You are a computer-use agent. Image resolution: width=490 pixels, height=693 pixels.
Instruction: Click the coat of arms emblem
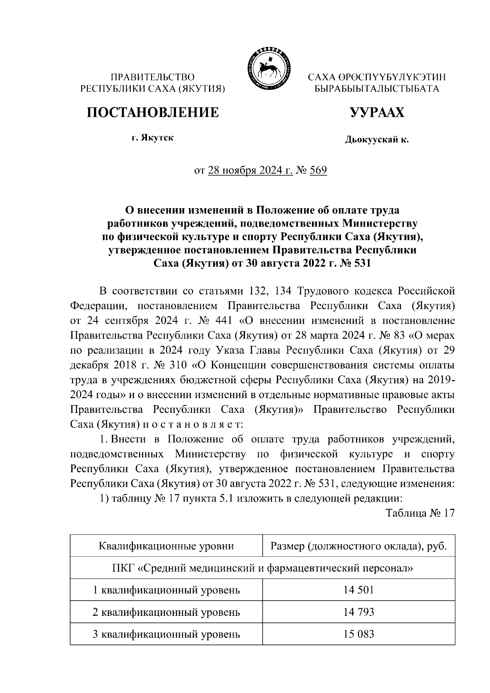pos(266,68)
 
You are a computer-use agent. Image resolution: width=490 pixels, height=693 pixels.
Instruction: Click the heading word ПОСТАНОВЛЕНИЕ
pos(152,112)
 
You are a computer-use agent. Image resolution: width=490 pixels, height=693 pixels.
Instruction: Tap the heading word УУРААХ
pos(377,112)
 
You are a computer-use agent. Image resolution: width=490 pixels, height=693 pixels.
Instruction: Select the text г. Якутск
pos(152,138)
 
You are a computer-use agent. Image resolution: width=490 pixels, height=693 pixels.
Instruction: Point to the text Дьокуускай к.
pos(377,140)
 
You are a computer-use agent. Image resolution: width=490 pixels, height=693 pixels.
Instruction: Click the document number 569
pos(318,170)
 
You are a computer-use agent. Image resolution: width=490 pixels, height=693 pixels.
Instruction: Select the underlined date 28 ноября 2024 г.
pos(250,170)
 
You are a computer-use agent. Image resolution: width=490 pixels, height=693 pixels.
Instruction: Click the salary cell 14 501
pos(359,590)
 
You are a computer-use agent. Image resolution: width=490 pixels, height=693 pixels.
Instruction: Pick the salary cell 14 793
pos(359,612)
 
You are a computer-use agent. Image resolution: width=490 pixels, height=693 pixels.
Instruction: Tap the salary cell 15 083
pos(359,634)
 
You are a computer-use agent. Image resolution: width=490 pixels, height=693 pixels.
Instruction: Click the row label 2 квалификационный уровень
pos(166,612)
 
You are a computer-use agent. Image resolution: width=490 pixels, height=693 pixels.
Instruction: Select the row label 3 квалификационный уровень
pos(166,634)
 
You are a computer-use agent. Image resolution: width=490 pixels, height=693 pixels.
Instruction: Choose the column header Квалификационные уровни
pos(166,546)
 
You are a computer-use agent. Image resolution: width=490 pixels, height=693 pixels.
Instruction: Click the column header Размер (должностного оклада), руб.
pos(359,546)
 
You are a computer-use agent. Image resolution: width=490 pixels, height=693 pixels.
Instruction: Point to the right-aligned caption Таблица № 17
pos(420,513)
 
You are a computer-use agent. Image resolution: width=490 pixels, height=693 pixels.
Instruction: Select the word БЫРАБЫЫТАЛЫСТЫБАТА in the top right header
pos(376,88)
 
